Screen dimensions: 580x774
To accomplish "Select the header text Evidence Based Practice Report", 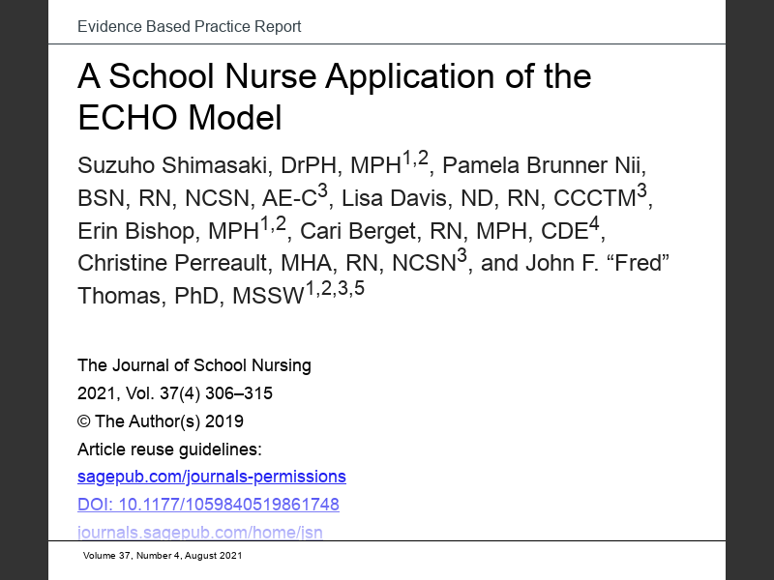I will [189, 26].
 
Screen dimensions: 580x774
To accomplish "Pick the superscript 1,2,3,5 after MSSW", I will [335, 288].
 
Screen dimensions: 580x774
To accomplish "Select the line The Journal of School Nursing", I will [193, 365].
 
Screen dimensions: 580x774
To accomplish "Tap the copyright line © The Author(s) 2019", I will [160, 421].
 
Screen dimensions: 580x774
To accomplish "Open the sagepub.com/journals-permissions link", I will [211, 477].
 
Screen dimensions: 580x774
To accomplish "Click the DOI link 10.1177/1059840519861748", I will [208, 505].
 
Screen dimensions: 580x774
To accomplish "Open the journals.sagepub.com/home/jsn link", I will [199, 532].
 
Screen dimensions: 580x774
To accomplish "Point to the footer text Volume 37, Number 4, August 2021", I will [162, 556].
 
